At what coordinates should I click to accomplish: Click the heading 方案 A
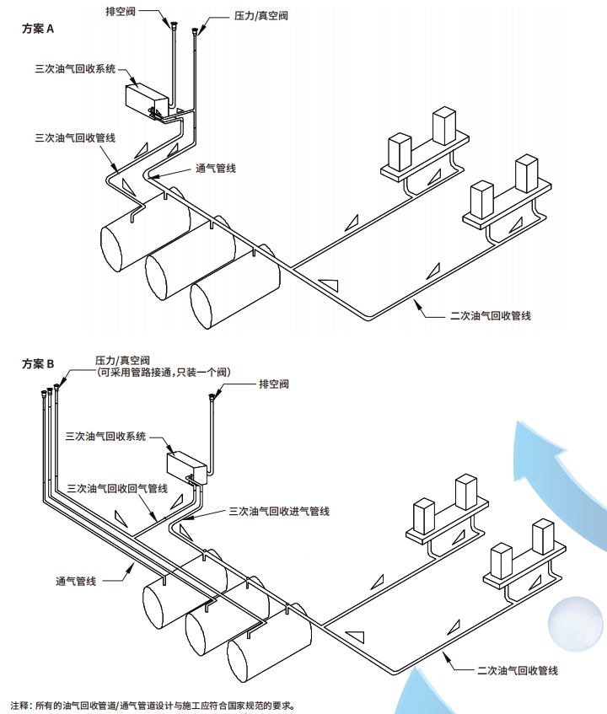38,28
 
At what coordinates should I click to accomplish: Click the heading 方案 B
38,364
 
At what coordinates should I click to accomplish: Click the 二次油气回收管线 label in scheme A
491,315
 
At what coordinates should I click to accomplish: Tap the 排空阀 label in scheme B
273,384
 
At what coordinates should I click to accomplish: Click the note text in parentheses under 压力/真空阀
163,372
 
